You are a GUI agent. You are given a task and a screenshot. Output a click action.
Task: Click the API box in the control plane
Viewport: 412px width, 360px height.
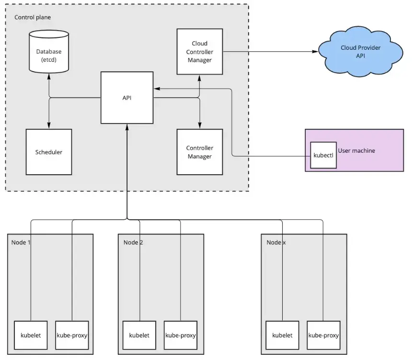pos(127,98)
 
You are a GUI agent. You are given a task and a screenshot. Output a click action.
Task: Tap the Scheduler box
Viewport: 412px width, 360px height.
pos(49,152)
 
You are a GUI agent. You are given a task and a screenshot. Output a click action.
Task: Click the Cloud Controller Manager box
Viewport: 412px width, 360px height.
pos(199,51)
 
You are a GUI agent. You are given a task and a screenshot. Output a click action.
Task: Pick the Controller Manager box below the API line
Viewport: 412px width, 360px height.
pos(199,152)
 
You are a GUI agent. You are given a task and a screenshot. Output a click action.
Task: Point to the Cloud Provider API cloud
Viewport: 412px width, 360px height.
pos(360,52)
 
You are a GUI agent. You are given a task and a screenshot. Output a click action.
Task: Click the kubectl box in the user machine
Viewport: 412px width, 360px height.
pos(323,155)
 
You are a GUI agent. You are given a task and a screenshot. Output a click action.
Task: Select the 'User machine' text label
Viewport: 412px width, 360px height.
pos(356,150)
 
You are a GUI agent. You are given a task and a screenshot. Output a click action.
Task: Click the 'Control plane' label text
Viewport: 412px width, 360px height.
pos(33,17)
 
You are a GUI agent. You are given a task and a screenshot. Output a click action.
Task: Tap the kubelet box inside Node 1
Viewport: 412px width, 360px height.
pos(31,335)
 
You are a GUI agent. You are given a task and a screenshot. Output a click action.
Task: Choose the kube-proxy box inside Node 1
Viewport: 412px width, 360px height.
pos(72,335)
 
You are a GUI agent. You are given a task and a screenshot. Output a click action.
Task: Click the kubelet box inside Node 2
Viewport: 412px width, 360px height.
pos(139,335)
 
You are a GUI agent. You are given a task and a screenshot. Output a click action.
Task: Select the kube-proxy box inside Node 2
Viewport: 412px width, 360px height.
pos(181,335)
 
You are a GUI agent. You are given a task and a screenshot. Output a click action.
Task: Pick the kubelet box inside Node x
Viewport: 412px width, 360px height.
pos(282,335)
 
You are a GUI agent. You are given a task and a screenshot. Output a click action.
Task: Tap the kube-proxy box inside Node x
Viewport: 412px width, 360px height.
pos(323,335)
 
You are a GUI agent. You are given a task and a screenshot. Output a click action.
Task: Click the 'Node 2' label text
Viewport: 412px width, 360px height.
pos(133,242)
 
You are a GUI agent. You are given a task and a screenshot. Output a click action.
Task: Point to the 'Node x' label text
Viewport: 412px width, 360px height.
pos(276,242)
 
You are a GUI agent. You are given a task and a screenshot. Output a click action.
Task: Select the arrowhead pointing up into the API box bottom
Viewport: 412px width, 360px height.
pos(127,126)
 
